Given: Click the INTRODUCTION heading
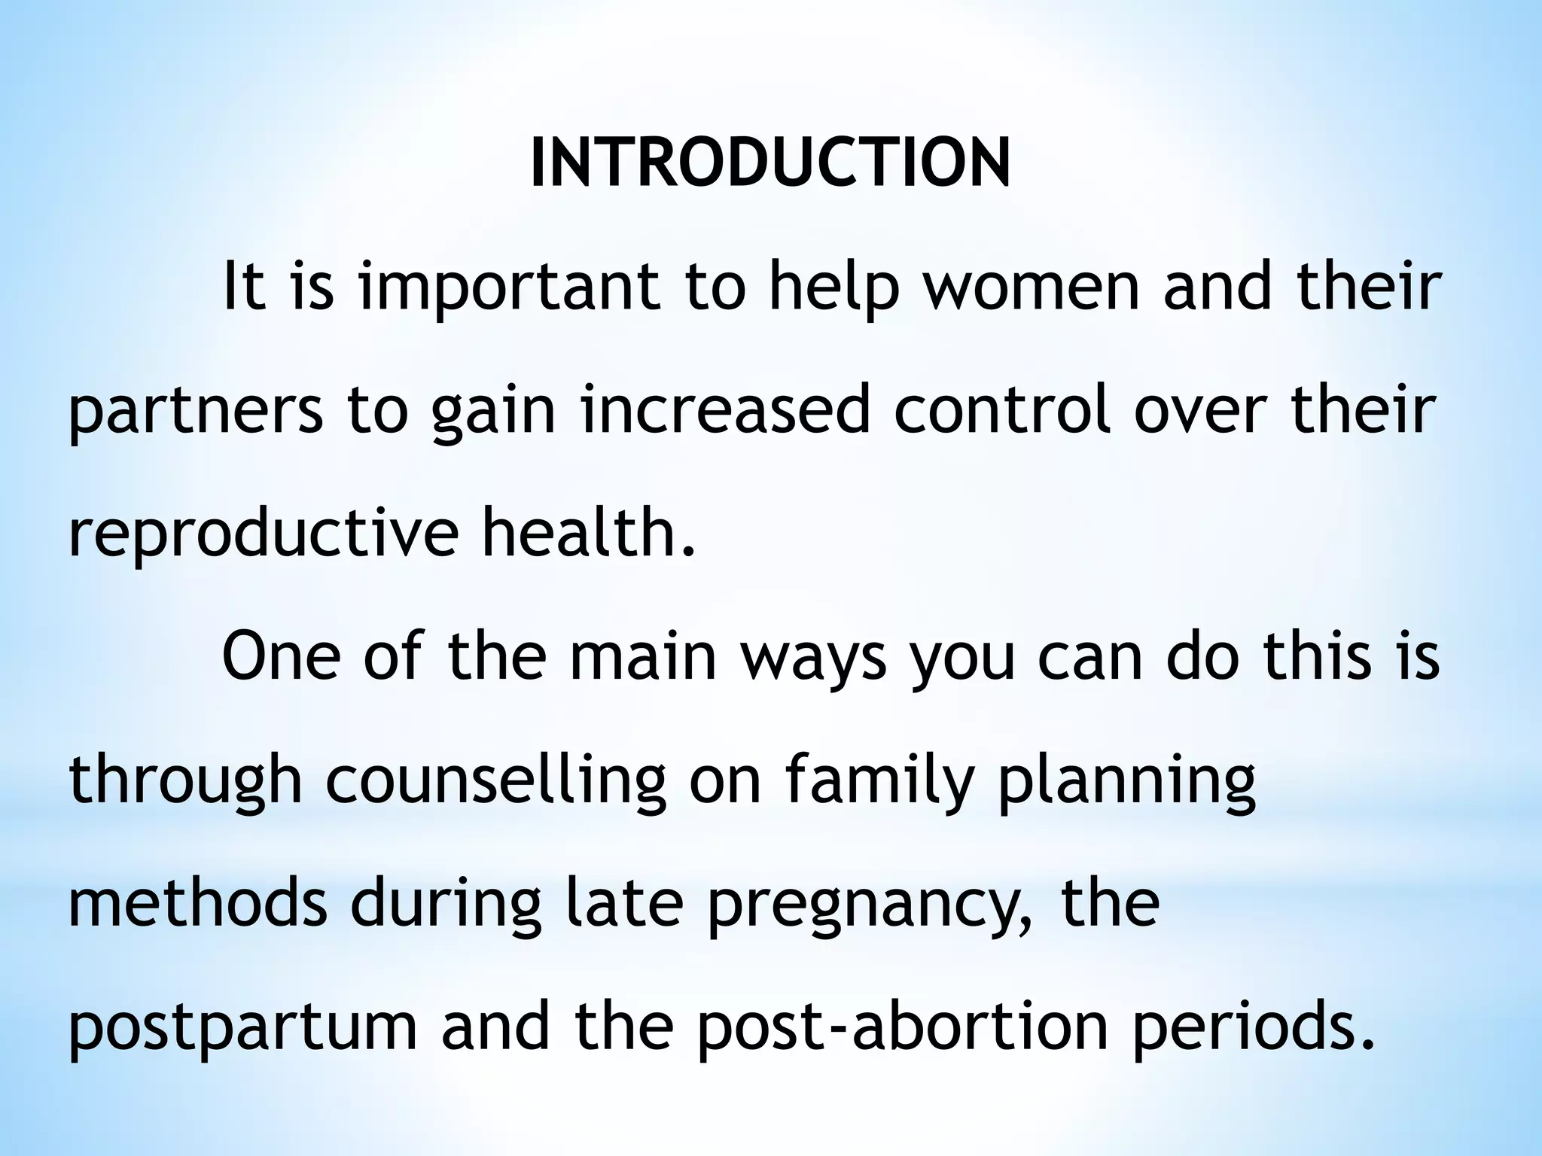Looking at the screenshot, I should point(770,163).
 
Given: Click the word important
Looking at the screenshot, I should point(509,290).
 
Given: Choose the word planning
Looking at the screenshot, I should point(1126,783).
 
